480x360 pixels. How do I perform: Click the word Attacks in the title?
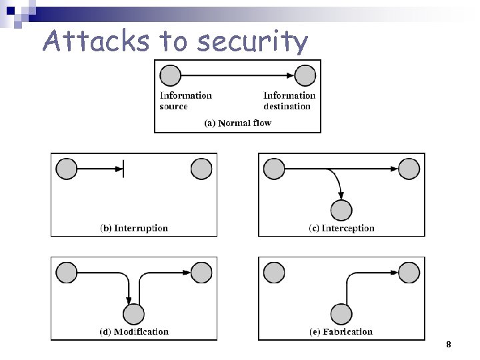pos(97,41)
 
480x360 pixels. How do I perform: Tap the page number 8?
pos(449,345)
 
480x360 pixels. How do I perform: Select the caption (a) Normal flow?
pos(237,123)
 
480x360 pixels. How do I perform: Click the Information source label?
pos(185,101)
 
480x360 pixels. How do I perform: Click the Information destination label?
pos(289,101)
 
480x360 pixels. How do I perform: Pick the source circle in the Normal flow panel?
pos(171,75)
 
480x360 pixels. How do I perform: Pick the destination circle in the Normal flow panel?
pos(305,75)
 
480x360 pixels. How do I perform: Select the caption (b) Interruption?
pos(134,228)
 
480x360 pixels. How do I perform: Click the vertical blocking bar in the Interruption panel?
pos(123,169)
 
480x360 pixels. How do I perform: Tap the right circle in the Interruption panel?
pos(201,169)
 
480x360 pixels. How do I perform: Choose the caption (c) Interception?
pos(341,228)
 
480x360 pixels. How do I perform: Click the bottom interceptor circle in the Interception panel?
pos(341,210)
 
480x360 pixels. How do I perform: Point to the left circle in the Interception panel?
pos(274,169)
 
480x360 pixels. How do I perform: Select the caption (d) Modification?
pos(134,331)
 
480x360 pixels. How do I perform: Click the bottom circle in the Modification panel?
pos(133,313)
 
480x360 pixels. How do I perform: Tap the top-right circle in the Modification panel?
pos(201,272)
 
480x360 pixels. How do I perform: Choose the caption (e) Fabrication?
pos(341,331)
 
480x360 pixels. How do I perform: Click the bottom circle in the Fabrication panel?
pos(341,313)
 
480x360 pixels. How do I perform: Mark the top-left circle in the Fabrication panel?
pos(274,272)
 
